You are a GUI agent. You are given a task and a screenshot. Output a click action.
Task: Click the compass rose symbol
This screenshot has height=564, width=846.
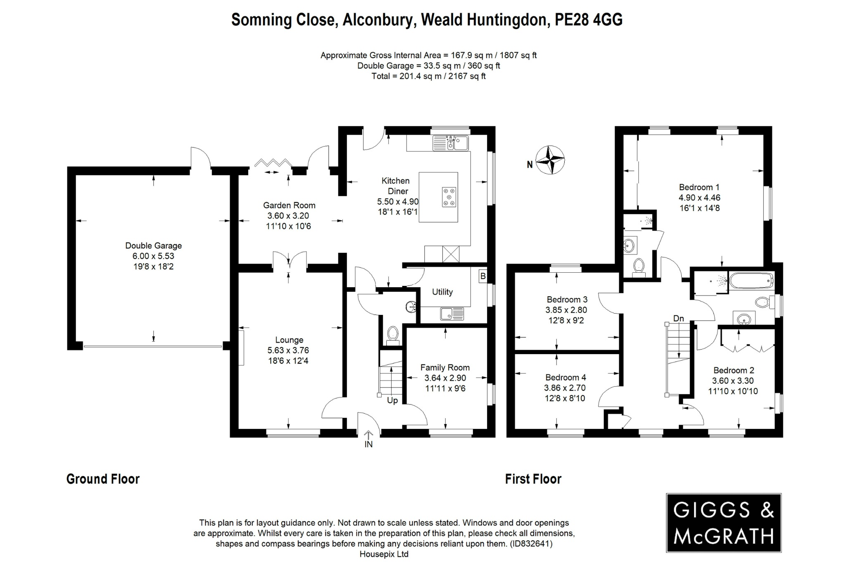click(x=550, y=160)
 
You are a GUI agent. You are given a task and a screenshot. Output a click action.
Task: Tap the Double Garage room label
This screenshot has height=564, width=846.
click(x=153, y=245)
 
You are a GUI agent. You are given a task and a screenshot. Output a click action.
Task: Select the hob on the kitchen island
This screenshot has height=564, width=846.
click(x=449, y=197)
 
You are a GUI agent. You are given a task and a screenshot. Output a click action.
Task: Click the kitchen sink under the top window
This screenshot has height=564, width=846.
click(x=450, y=143)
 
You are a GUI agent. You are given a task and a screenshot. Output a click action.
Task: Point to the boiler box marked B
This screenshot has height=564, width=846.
click(x=482, y=276)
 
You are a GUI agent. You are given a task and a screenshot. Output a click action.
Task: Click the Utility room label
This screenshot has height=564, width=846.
click(x=442, y=292)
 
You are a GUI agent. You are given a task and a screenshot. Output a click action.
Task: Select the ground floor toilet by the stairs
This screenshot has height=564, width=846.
click(x=392, y=335)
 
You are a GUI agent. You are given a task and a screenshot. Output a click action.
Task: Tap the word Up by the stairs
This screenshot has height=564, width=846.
click(x=392, y=400)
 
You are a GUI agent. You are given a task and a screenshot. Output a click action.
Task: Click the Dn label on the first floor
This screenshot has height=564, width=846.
click(x=678, y=318)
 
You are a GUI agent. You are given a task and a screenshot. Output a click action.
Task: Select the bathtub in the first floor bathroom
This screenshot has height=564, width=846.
click(x=751, y=281)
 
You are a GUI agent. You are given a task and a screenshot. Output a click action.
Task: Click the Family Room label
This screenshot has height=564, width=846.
click(x=445, y=367)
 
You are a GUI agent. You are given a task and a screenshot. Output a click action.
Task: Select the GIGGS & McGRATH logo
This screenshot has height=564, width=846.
click(x=723, y=523)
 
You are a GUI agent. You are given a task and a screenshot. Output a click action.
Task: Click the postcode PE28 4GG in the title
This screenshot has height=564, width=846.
click(x=588, y=20)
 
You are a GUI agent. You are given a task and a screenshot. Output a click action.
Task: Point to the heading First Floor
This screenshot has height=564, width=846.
click(x=533, y=479)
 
